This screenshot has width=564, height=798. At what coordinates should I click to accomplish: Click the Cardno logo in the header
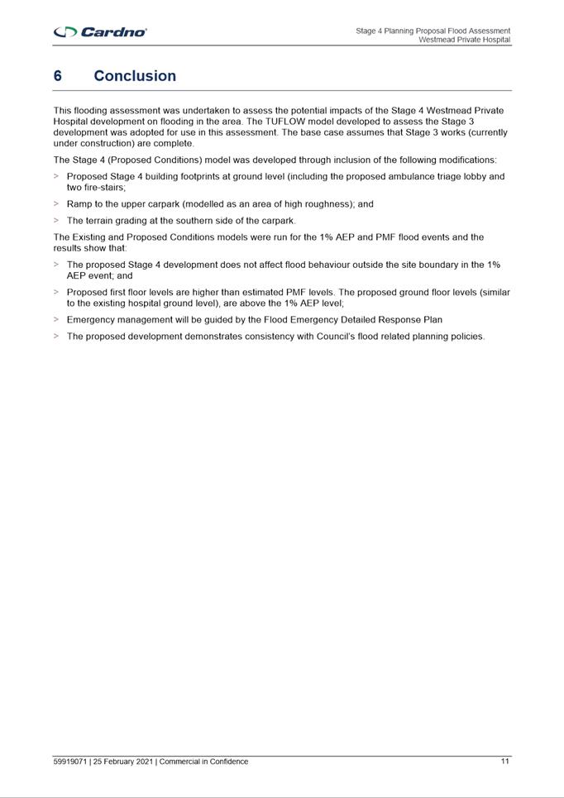(100, 32)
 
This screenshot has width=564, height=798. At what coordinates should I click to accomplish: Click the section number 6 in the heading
(58, 76)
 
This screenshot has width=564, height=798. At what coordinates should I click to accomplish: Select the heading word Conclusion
(135, 76)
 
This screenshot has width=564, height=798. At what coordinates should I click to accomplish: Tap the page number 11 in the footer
(504, 762)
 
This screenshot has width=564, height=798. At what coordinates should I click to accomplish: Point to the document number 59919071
(71, 762)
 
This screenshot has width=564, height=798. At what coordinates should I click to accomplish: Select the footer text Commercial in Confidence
(203, 762)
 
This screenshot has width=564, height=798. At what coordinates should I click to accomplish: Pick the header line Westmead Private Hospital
(464, 40)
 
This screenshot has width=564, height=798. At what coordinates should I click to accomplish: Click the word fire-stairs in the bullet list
(101, 188)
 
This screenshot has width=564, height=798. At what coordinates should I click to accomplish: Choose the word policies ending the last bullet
(466, 337)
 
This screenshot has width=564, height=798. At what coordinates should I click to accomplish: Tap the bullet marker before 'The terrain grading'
(56, 221)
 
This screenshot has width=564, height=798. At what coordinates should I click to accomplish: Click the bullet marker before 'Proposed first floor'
(56, 293)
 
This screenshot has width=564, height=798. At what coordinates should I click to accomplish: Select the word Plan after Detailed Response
(432, 320)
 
